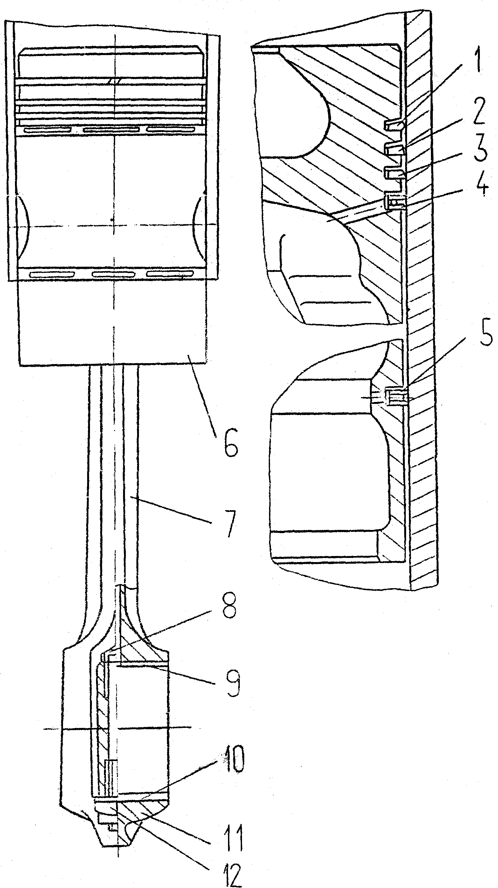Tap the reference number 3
[x=480, y=149]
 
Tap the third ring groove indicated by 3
[x=393, y=172]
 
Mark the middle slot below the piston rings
[x=112, y=130]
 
